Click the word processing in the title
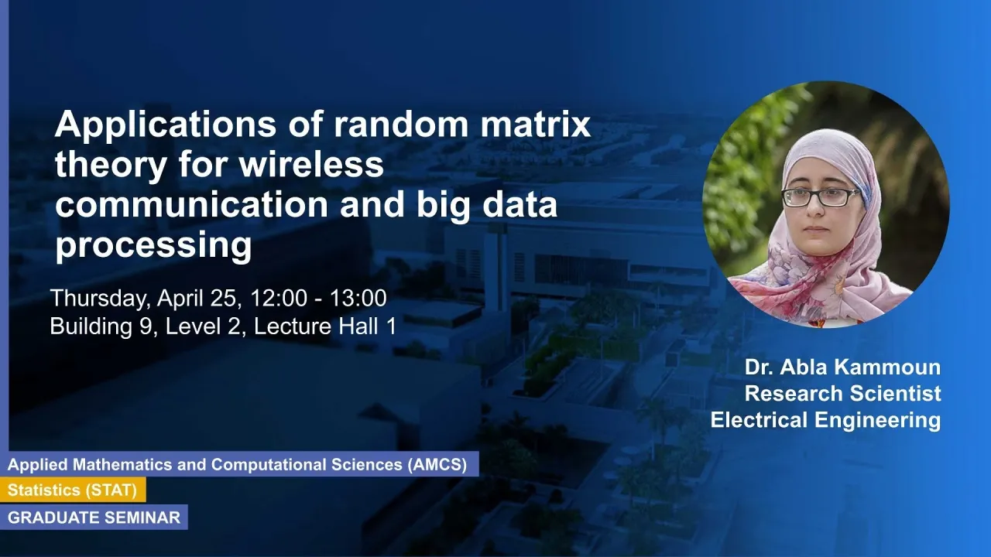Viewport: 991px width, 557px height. point(153,245)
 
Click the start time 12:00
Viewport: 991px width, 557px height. point(279,298)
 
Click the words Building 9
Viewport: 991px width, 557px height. point(104,326)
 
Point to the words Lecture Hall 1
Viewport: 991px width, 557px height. point(324,326)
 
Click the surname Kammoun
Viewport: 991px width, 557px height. point(886,367)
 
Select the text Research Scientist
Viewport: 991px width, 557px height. point(843,394)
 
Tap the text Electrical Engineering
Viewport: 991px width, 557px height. point(825,420)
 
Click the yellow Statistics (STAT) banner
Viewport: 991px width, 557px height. point(73,490)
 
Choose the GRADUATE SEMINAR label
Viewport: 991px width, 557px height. point(94,518)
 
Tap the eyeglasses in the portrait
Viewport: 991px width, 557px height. point(821,196)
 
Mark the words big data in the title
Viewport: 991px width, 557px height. point(487,206)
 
